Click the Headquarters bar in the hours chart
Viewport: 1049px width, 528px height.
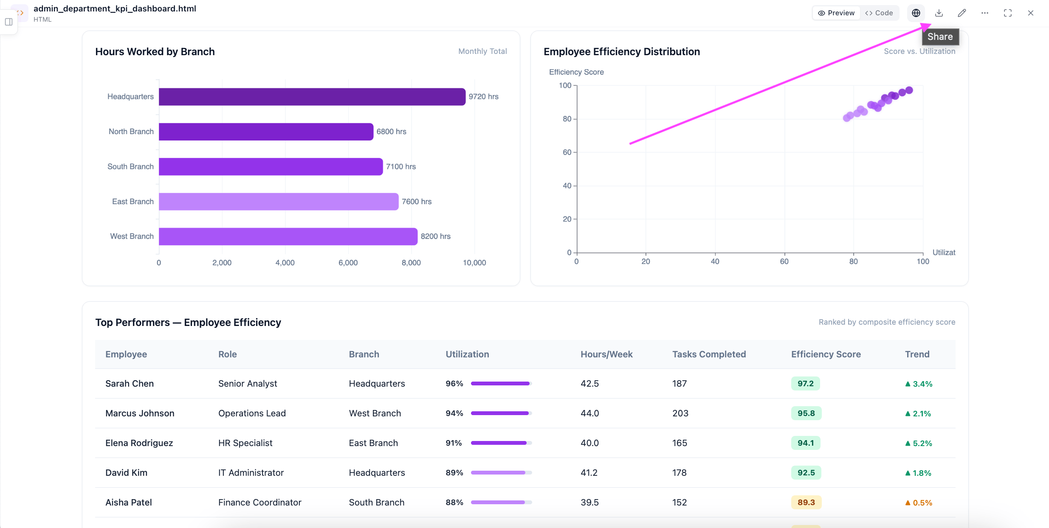coord(312,97)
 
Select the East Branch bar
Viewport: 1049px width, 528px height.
coord(279,202)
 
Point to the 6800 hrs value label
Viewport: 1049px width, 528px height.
coord(391,132)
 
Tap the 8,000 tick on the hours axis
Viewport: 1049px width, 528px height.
coord(411,263)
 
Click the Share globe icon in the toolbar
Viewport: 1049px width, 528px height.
coord(916,13)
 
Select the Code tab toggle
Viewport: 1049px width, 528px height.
coord(879,13)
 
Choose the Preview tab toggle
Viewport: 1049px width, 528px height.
coord(836,13)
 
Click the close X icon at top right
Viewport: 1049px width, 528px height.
coord(1031,13)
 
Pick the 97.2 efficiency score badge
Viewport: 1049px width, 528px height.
coord(806,384)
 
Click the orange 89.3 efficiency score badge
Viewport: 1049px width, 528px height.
coord(806,503)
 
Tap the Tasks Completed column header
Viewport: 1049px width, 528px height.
coord(709,354)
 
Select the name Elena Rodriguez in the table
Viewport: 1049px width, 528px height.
coord(139,443)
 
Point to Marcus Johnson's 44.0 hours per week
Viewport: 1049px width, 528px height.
coord(590,413)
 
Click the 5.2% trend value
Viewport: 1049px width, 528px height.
coord(922,443)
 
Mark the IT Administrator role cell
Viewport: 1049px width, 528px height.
coord(251,473)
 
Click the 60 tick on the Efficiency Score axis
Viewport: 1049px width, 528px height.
coord(567,152)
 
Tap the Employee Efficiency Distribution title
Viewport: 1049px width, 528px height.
coord(622,52)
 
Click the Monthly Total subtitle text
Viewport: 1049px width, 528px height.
coord(482,51)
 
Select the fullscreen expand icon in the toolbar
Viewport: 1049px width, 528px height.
coord(1008,13)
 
